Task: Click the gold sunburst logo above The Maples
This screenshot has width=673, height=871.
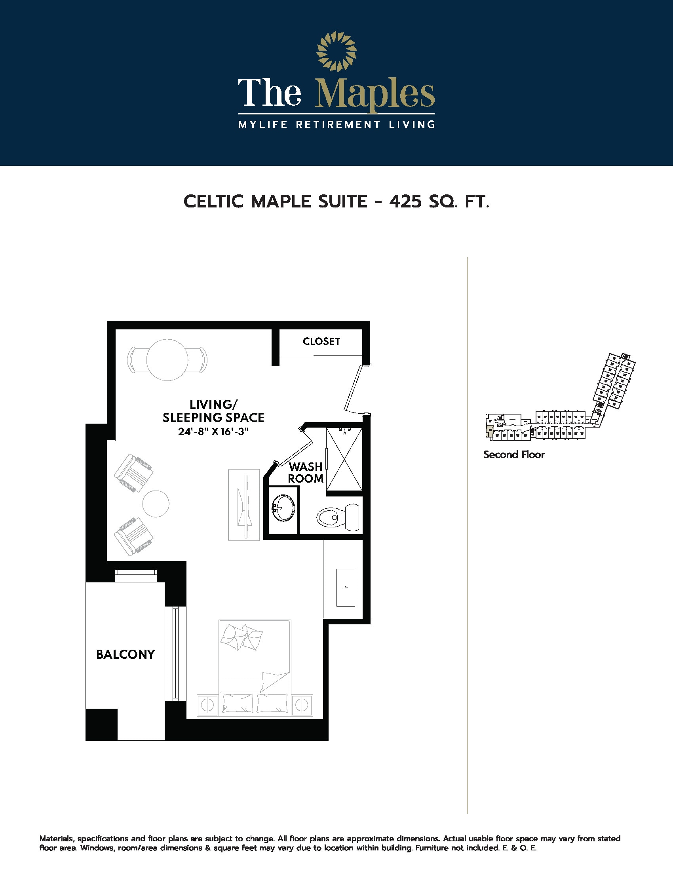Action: [x=336, y=51]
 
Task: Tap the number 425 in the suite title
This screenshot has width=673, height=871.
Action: [x=405, y=202]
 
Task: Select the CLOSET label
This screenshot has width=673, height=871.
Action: [x=321, y=341]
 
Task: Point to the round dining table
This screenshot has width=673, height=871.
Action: [x=167, y=360]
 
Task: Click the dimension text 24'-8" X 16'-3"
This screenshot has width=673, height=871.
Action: [x=213, y=432]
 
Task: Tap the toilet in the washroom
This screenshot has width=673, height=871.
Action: [x=338, y=517]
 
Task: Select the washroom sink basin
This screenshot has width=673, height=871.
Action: [x=283, y=508]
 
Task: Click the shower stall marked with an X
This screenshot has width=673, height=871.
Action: [x=344, y=459]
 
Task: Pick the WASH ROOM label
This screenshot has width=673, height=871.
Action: [x=305, y=473]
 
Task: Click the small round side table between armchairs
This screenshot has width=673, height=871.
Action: [x=156, y=504]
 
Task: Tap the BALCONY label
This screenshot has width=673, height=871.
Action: [x=125, y=654]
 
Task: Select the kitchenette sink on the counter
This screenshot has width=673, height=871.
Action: [x=346, y=588]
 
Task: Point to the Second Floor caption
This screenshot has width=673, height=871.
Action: [x=514, y=455]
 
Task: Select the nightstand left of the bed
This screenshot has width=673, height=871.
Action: [x=208, y=705]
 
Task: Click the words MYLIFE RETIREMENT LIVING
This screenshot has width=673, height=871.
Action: [x=336, y=124]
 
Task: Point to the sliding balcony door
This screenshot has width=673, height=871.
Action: [x=175, y=653]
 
